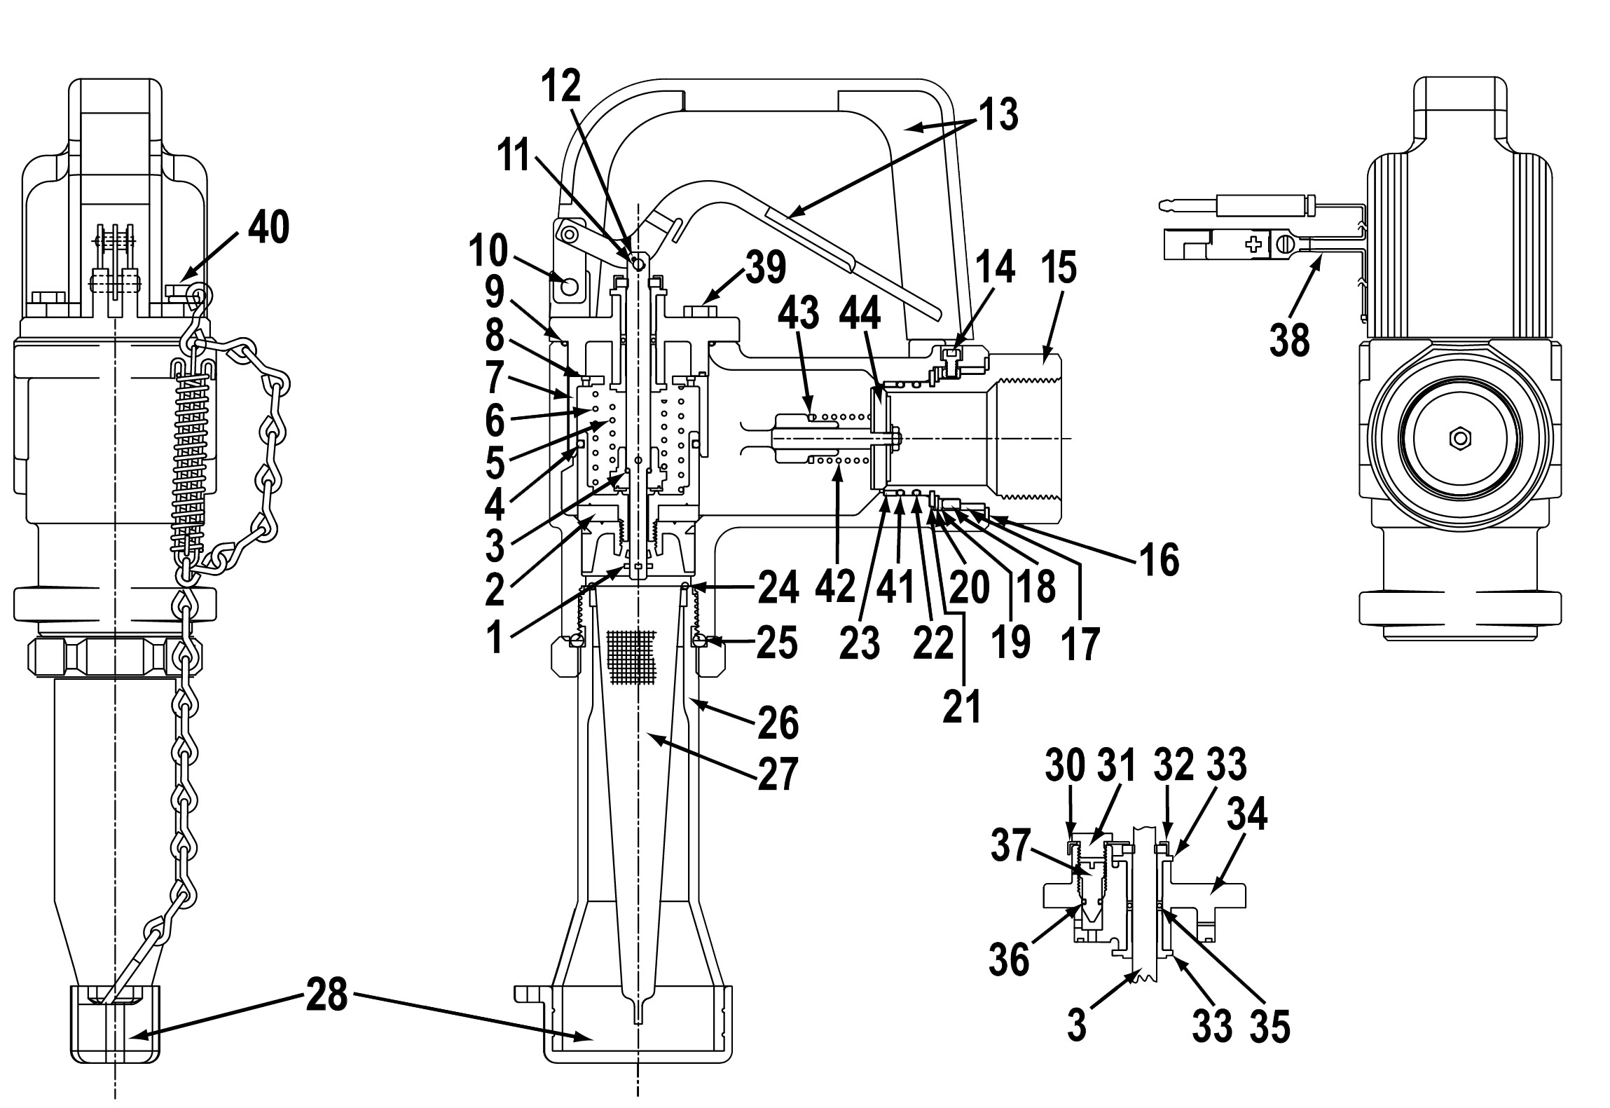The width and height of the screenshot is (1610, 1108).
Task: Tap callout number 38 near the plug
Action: tap(1289, 341)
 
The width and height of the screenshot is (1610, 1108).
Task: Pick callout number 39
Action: tap(764, 267)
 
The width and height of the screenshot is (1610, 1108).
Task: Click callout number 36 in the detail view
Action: tap(1009, 957)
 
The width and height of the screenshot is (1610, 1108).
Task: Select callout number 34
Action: tap(1246, 816)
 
